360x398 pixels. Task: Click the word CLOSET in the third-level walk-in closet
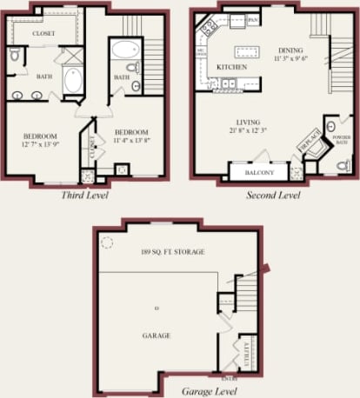43,34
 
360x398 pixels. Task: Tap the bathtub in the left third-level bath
72,83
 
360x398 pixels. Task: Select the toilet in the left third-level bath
16,56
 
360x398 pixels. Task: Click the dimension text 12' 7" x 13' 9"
41,144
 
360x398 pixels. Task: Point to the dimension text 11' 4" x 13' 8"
133,139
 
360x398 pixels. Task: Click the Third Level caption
84,195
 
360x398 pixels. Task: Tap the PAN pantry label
253,18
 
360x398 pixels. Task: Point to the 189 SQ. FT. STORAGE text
172,252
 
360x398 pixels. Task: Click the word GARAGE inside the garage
157,335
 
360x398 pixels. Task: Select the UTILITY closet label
245,354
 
